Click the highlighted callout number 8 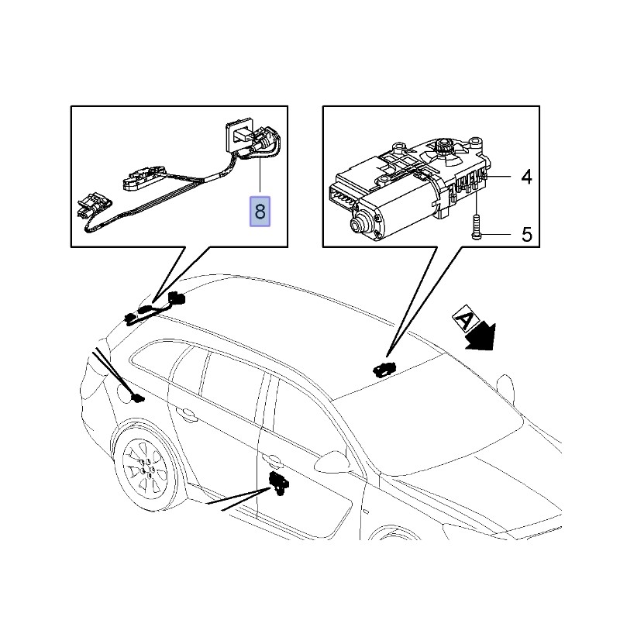[x=260, y=211]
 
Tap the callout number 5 [x=527, y=234]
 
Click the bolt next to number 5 [x=476, y=226]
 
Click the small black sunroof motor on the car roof [x=383, y=367]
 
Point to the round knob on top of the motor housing [x=446, y=146]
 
